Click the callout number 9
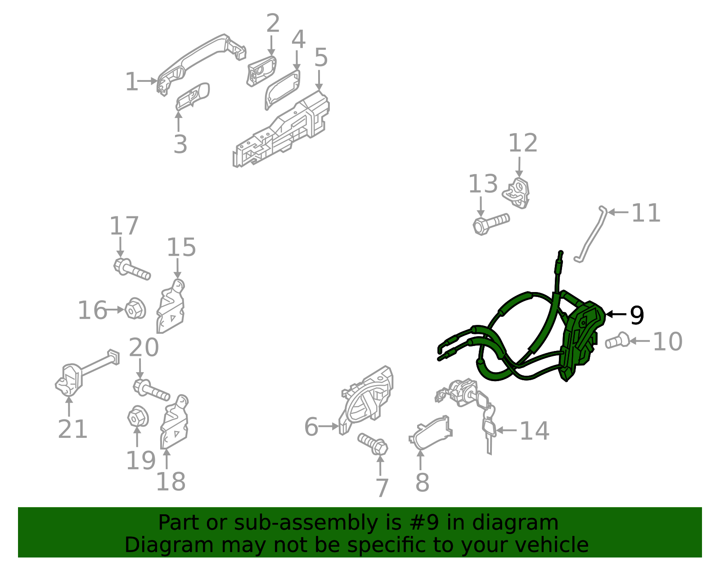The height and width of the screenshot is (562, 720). coord(637,315)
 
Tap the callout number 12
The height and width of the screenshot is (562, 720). coord(522,143)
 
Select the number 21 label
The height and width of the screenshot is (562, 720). coord(72,429)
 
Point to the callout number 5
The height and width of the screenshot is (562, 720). coord(321,58)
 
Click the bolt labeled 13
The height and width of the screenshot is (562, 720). coord(490,222)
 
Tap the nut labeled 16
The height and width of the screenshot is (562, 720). coord(135,309)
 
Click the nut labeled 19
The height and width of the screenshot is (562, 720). coord(137,417)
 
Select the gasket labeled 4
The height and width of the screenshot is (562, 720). coord(282,89)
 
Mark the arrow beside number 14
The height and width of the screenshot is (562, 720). coord(506,430)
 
